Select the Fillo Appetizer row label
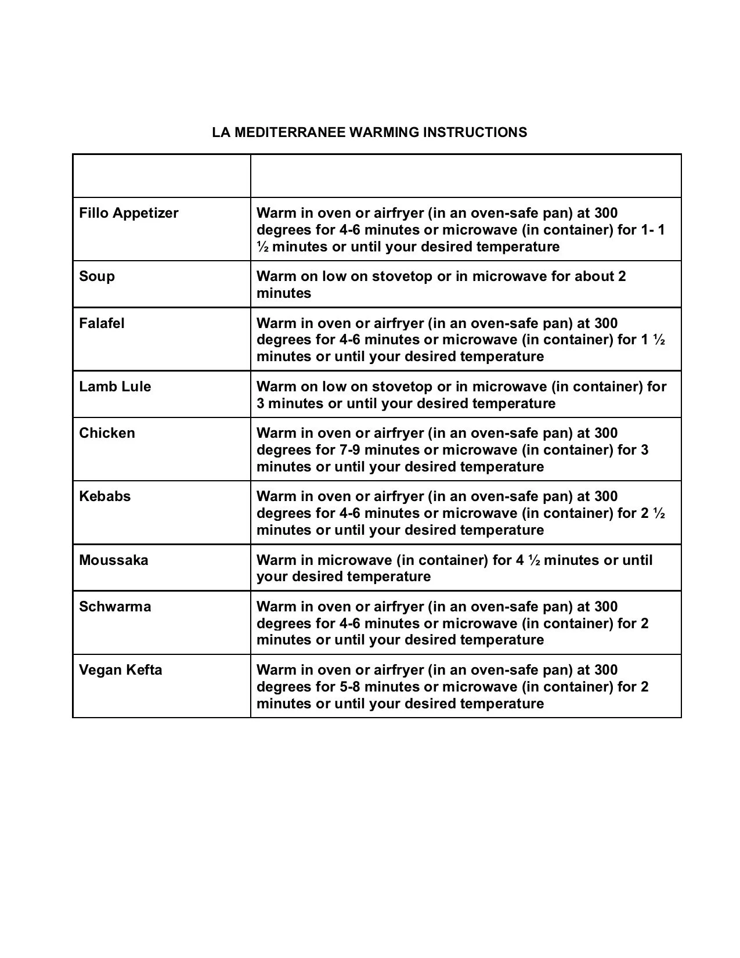[129, 213]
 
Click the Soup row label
[97, 276]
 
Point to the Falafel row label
[102, 323]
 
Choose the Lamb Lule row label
[115, 387]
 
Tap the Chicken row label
[107, 433]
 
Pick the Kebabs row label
[105, 496]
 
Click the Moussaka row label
[114, 560]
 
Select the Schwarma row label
[115, 607]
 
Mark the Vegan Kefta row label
[121, 670]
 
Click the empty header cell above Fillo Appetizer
[161, 176]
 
